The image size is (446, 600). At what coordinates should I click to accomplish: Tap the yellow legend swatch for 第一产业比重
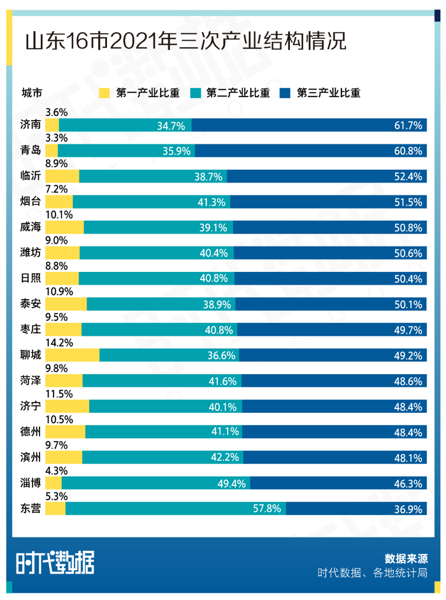(106, 93)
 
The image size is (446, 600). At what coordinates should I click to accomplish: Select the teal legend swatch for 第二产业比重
(196, 93)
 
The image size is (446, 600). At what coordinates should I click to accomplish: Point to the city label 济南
(31, 126)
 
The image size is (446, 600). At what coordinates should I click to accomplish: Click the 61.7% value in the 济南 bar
(408, 126)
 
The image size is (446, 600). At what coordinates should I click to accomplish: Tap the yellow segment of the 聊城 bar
(72, 355)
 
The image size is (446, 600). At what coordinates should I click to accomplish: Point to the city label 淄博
(31, 483)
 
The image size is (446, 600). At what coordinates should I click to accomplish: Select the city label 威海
(31, 228)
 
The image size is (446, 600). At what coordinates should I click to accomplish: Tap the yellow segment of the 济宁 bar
(67, 406)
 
